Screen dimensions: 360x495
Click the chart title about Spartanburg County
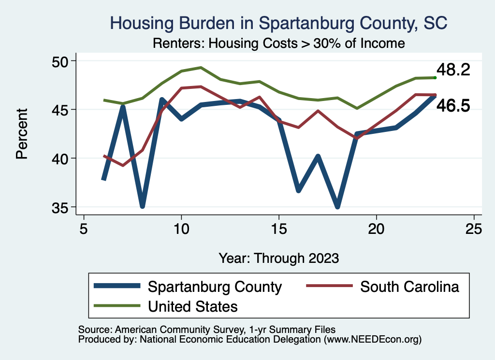pyautogui.click(x=279, y=23)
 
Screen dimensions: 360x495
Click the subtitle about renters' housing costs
pyautogui.click(x=278, y=43)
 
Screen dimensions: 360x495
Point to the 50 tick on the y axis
pyautogui.click(x=61, y=61)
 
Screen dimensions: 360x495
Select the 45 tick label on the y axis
pyautogui.click(x=61, y=110)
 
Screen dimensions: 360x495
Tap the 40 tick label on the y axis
pyautogui.click(x=61, y=158)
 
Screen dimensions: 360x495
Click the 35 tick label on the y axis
pyautogui.click(x=61, y=207)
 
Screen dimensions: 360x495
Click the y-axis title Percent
pyautogui.click(x=21, y=134)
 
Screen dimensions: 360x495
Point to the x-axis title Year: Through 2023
pyautogui.click(x=278, y=258)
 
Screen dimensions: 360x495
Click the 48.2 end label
pyautogui.click(x=453, y=70)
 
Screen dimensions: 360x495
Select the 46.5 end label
pyautogui.click(x=453, y=106)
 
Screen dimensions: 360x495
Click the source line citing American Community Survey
pyautogui.click(x=206, y=329)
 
